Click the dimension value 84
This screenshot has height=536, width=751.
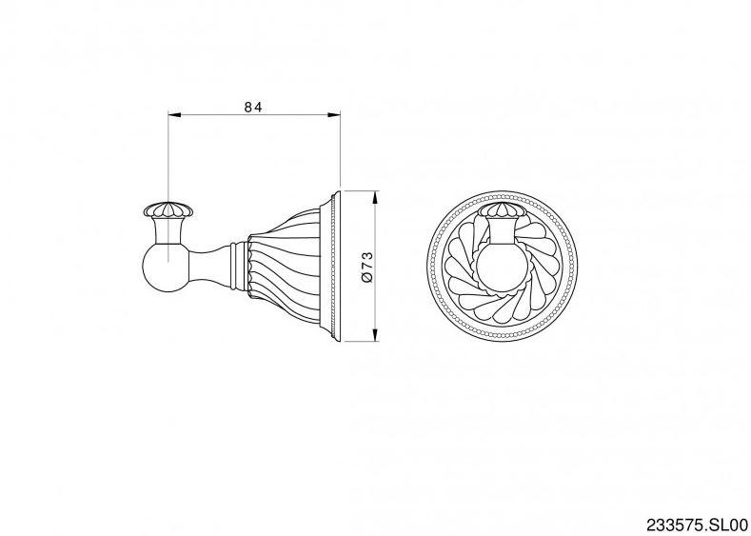point(253,107)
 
